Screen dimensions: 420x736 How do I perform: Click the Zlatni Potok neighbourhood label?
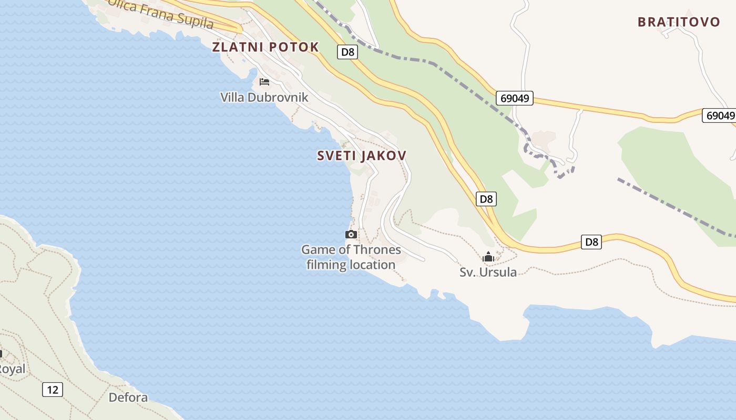click(265, 47)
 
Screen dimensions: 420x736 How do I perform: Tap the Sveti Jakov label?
click(362, 156)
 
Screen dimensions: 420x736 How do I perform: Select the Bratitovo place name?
click(679, 22)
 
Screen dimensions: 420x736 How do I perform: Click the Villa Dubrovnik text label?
click(264, 97)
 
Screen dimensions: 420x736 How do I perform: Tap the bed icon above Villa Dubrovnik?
click(264, 82)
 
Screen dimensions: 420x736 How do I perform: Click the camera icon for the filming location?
click(351, 234)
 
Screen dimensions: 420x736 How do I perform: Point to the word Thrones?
click(376, 250)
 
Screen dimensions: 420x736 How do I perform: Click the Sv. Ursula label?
click(488, 272)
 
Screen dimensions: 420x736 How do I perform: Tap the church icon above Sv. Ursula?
click(488, 257)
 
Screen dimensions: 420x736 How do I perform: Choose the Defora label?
click(128, 397)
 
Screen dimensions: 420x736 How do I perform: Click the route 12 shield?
click(53, 390)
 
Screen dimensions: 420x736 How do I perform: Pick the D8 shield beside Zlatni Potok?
click(347, 51)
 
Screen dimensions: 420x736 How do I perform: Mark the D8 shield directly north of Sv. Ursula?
click(486, 199)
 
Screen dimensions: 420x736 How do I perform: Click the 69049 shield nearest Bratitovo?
click(719, 115)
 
